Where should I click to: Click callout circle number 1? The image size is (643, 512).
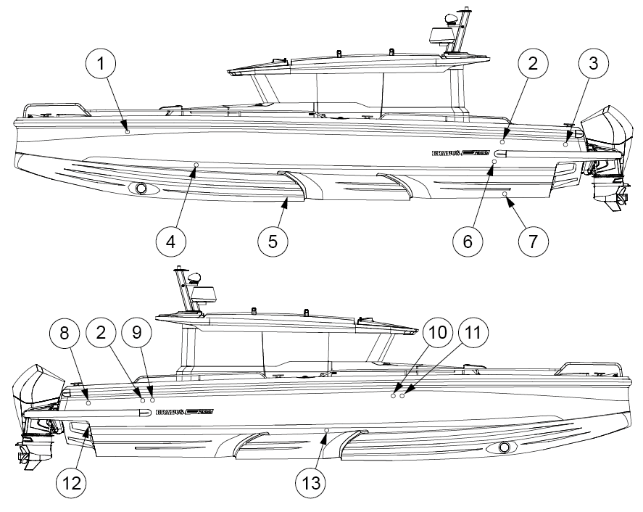[x=101, y=64]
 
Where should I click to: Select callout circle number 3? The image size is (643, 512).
[x=593, y=64]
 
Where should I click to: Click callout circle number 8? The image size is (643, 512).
[x=65, y=334]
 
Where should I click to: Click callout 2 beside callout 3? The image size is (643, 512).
[x=533, y=64]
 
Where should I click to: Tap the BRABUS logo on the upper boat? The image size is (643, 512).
[x=461, y=153]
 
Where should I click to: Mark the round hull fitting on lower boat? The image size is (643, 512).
[x=503, y=447]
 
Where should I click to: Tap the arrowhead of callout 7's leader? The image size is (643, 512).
[x=507, y=197]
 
